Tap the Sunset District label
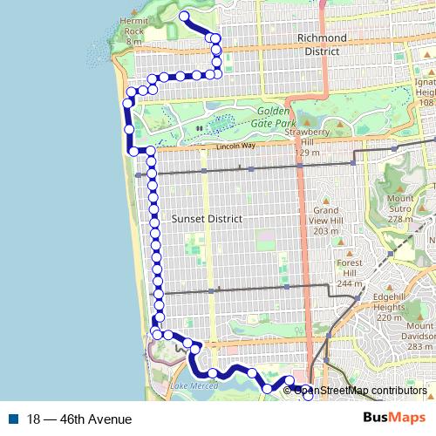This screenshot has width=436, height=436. pos(208,218)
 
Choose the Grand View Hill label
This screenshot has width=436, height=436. pos(326,215)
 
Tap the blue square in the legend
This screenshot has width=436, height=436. pos(14,419)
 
